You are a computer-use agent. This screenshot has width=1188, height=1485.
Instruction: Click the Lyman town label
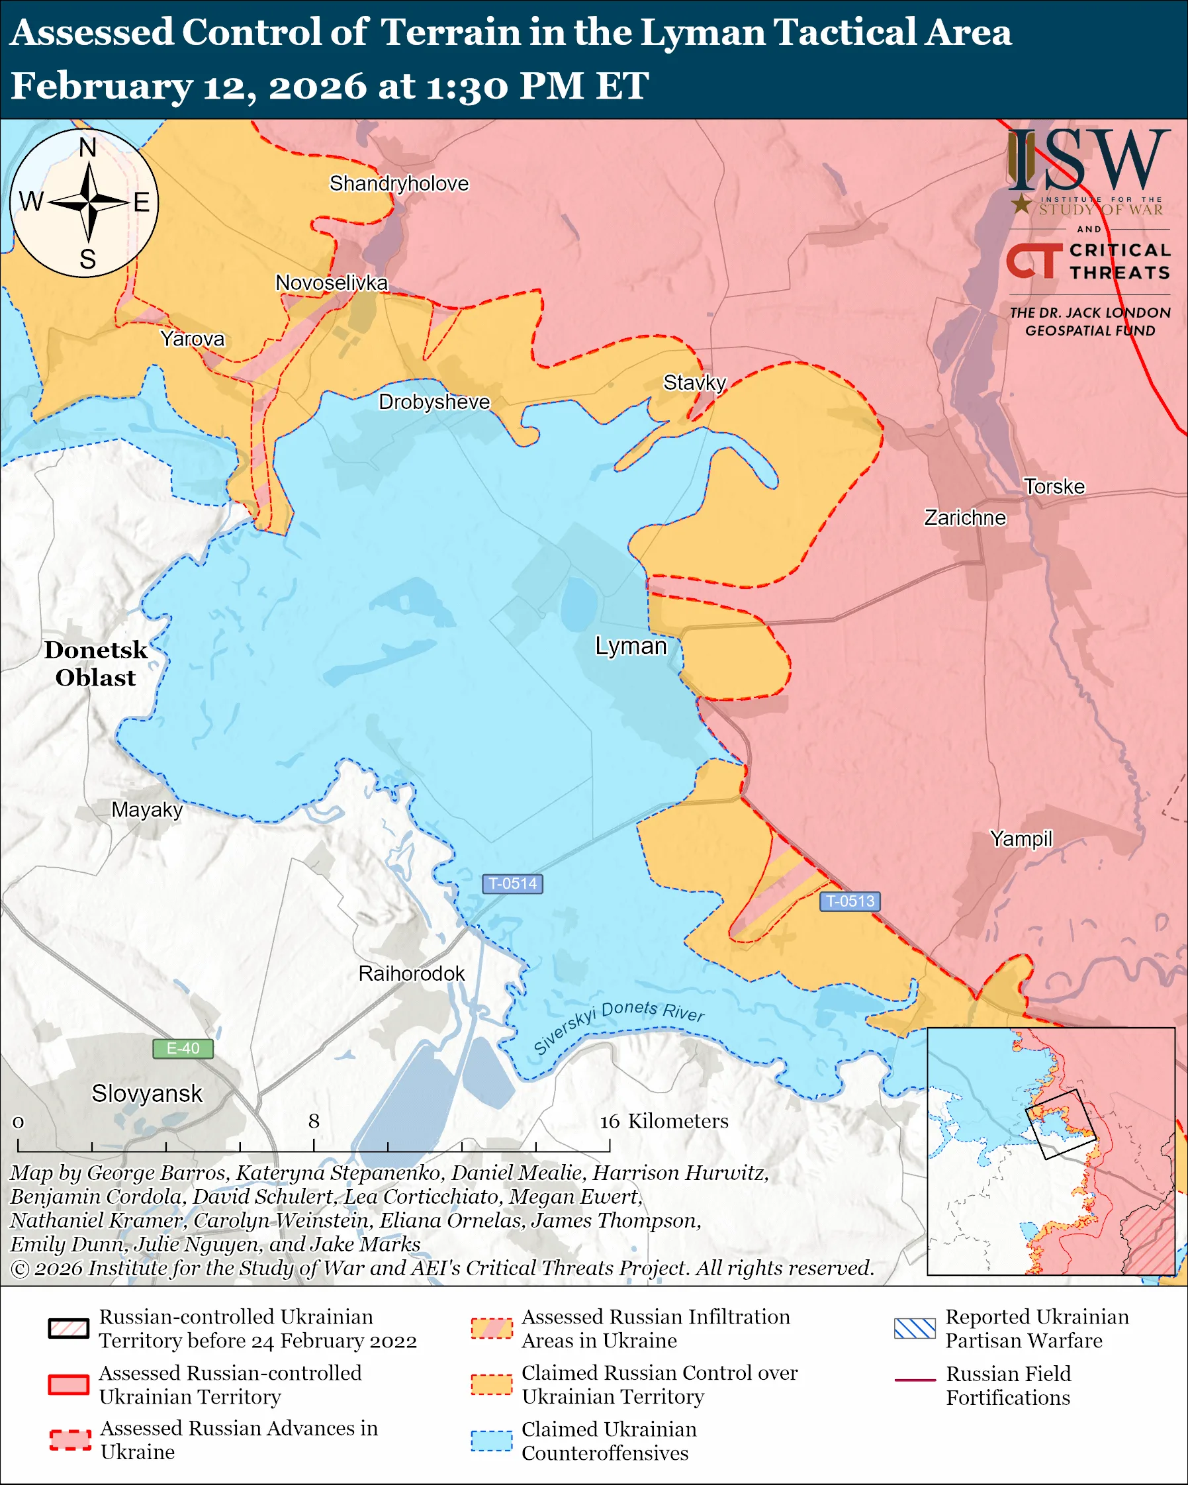coord(631,646)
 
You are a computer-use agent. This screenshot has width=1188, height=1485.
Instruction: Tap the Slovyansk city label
coord(147,1093)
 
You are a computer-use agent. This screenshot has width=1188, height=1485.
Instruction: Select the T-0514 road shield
coord(512,883)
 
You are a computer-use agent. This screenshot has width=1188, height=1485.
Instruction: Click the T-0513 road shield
coord(850,901)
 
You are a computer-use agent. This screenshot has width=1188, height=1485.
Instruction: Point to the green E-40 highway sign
coord(183,1048)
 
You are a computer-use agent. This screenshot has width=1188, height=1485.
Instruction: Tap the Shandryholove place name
coord(398,183)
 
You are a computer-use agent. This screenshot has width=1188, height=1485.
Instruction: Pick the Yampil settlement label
coord(1021,838)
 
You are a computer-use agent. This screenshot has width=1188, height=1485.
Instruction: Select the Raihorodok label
coord(411,973)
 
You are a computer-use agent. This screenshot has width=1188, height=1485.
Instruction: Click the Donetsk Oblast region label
coord(96,663)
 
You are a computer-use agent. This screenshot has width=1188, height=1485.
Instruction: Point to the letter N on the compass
coord(87,148)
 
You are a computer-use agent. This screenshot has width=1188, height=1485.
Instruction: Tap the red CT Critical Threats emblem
coord(1033,260)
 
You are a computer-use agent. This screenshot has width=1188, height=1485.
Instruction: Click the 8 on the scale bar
coord(313,1120)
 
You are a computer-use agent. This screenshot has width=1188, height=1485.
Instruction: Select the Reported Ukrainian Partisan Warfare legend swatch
coord(915,1328)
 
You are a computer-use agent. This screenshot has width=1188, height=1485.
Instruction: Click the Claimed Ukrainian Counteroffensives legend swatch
coord(492,1440)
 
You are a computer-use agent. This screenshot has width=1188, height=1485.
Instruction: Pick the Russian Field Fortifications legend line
coord(915,1380)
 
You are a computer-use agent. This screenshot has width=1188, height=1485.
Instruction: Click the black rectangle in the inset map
coord(1060,1124)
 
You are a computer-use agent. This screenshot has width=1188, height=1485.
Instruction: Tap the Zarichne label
coord(964,517)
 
